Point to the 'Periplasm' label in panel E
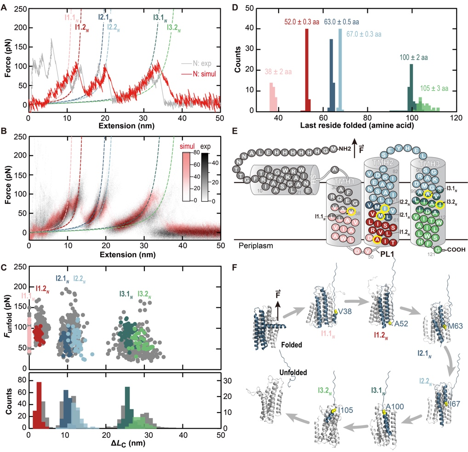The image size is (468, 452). [256, 246]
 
